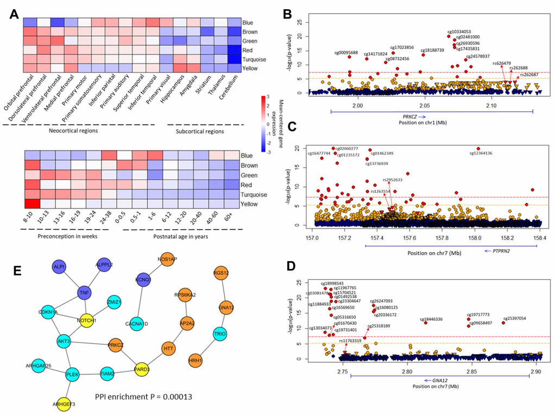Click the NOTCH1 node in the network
(86, 319)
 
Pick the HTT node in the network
(168, 347)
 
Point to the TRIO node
(220, 333)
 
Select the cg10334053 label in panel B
(459, 31)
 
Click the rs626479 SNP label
(502, 63)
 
